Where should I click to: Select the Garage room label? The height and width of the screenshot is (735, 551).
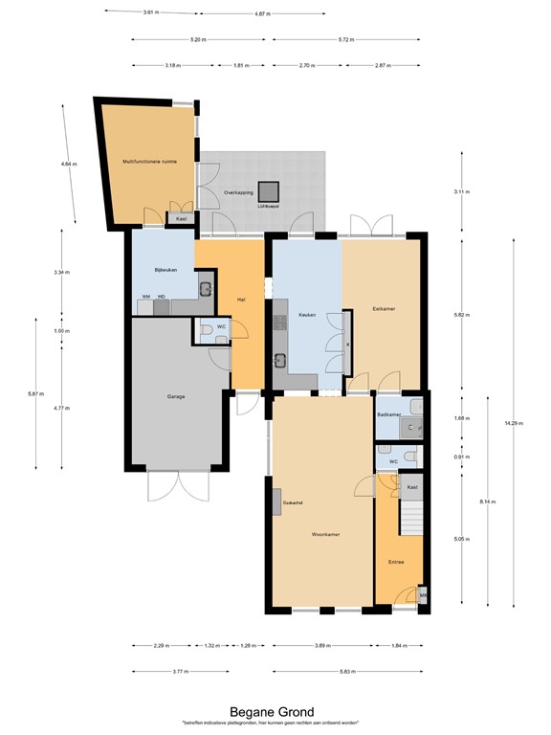pyautogui.click(x=175, y=395)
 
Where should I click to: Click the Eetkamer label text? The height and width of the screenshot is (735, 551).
pyautogui.click(x=385, y=308)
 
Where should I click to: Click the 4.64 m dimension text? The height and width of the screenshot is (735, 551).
pyautogui.click(x=67, y=165)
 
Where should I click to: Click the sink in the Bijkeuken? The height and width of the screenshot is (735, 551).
pyautogui.click(x=205, y=288)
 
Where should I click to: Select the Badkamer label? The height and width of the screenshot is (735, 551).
pyautogui.click(x=387, y=414)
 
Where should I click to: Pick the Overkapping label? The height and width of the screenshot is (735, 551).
pyautogui.click(x=237, y=192)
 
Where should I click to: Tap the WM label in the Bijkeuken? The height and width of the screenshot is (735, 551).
pyautogui.click(x=145, y=297)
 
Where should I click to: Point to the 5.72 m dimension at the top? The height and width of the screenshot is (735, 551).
pyautogui.click(x=345, y=40)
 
